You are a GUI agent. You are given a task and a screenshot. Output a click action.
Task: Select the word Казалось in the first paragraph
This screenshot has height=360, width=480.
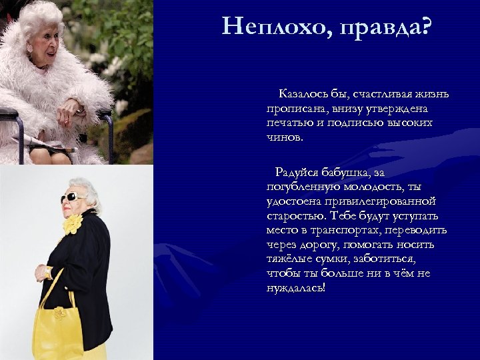coord(301,94)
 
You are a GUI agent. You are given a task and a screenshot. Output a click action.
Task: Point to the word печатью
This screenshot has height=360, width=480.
coord(285,123)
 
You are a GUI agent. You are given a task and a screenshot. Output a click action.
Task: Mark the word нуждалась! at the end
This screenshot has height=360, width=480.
coord(295,288)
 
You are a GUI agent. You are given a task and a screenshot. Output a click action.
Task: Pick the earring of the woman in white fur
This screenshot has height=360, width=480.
coord(29,50)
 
